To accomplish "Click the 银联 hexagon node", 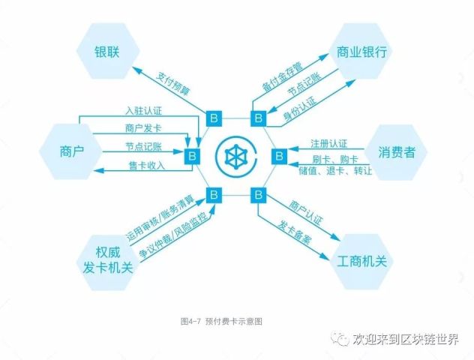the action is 107,51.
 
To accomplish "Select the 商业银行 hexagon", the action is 361,51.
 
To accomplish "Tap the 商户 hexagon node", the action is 71,151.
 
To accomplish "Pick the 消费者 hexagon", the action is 396,152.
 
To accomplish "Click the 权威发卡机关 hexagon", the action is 107,261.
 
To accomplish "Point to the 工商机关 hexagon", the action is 361,262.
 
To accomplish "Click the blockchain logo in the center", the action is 236,156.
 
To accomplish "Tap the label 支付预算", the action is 172,83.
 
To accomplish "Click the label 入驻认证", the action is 143,111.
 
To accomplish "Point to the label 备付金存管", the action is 282,76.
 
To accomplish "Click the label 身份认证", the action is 300,109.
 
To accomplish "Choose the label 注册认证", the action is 329,144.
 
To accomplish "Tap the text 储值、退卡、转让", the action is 335,171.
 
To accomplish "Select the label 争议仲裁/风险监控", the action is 174,235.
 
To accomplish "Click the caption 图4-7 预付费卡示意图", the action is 221,321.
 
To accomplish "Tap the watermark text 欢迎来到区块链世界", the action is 406,339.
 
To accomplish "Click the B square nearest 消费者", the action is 279,156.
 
